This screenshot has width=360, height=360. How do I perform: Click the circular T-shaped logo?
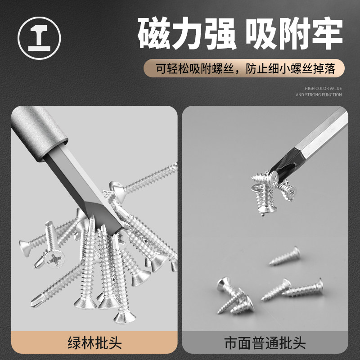pos(39,38)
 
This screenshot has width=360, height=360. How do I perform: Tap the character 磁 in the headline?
pos(154,33)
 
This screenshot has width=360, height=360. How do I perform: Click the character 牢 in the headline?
pos(328,33)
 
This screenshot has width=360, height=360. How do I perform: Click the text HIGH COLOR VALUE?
pos(323,88)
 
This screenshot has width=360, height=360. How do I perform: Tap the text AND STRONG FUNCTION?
pos(319,94)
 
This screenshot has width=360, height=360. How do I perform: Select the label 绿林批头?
pos(94,343)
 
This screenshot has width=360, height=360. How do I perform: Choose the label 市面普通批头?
pos(265,343)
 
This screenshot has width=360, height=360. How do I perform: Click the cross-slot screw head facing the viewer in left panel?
pos(54,259)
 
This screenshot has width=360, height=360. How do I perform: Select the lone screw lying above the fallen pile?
pos(285,256)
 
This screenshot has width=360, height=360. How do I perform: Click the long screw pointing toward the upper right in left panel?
pos(144,182)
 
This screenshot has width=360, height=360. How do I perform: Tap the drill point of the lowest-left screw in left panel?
pos(34,303)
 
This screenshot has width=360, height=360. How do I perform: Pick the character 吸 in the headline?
pos(261,33)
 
